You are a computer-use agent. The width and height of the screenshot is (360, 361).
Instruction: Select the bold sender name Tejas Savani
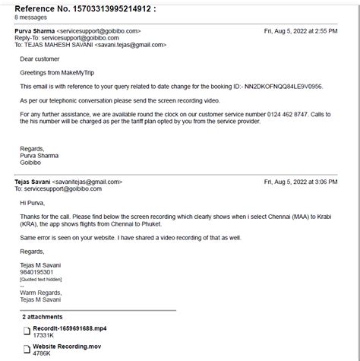point(33,182)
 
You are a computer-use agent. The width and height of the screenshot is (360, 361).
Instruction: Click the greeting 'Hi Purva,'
point(33,203)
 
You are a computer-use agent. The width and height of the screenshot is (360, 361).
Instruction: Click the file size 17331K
point(43,335)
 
